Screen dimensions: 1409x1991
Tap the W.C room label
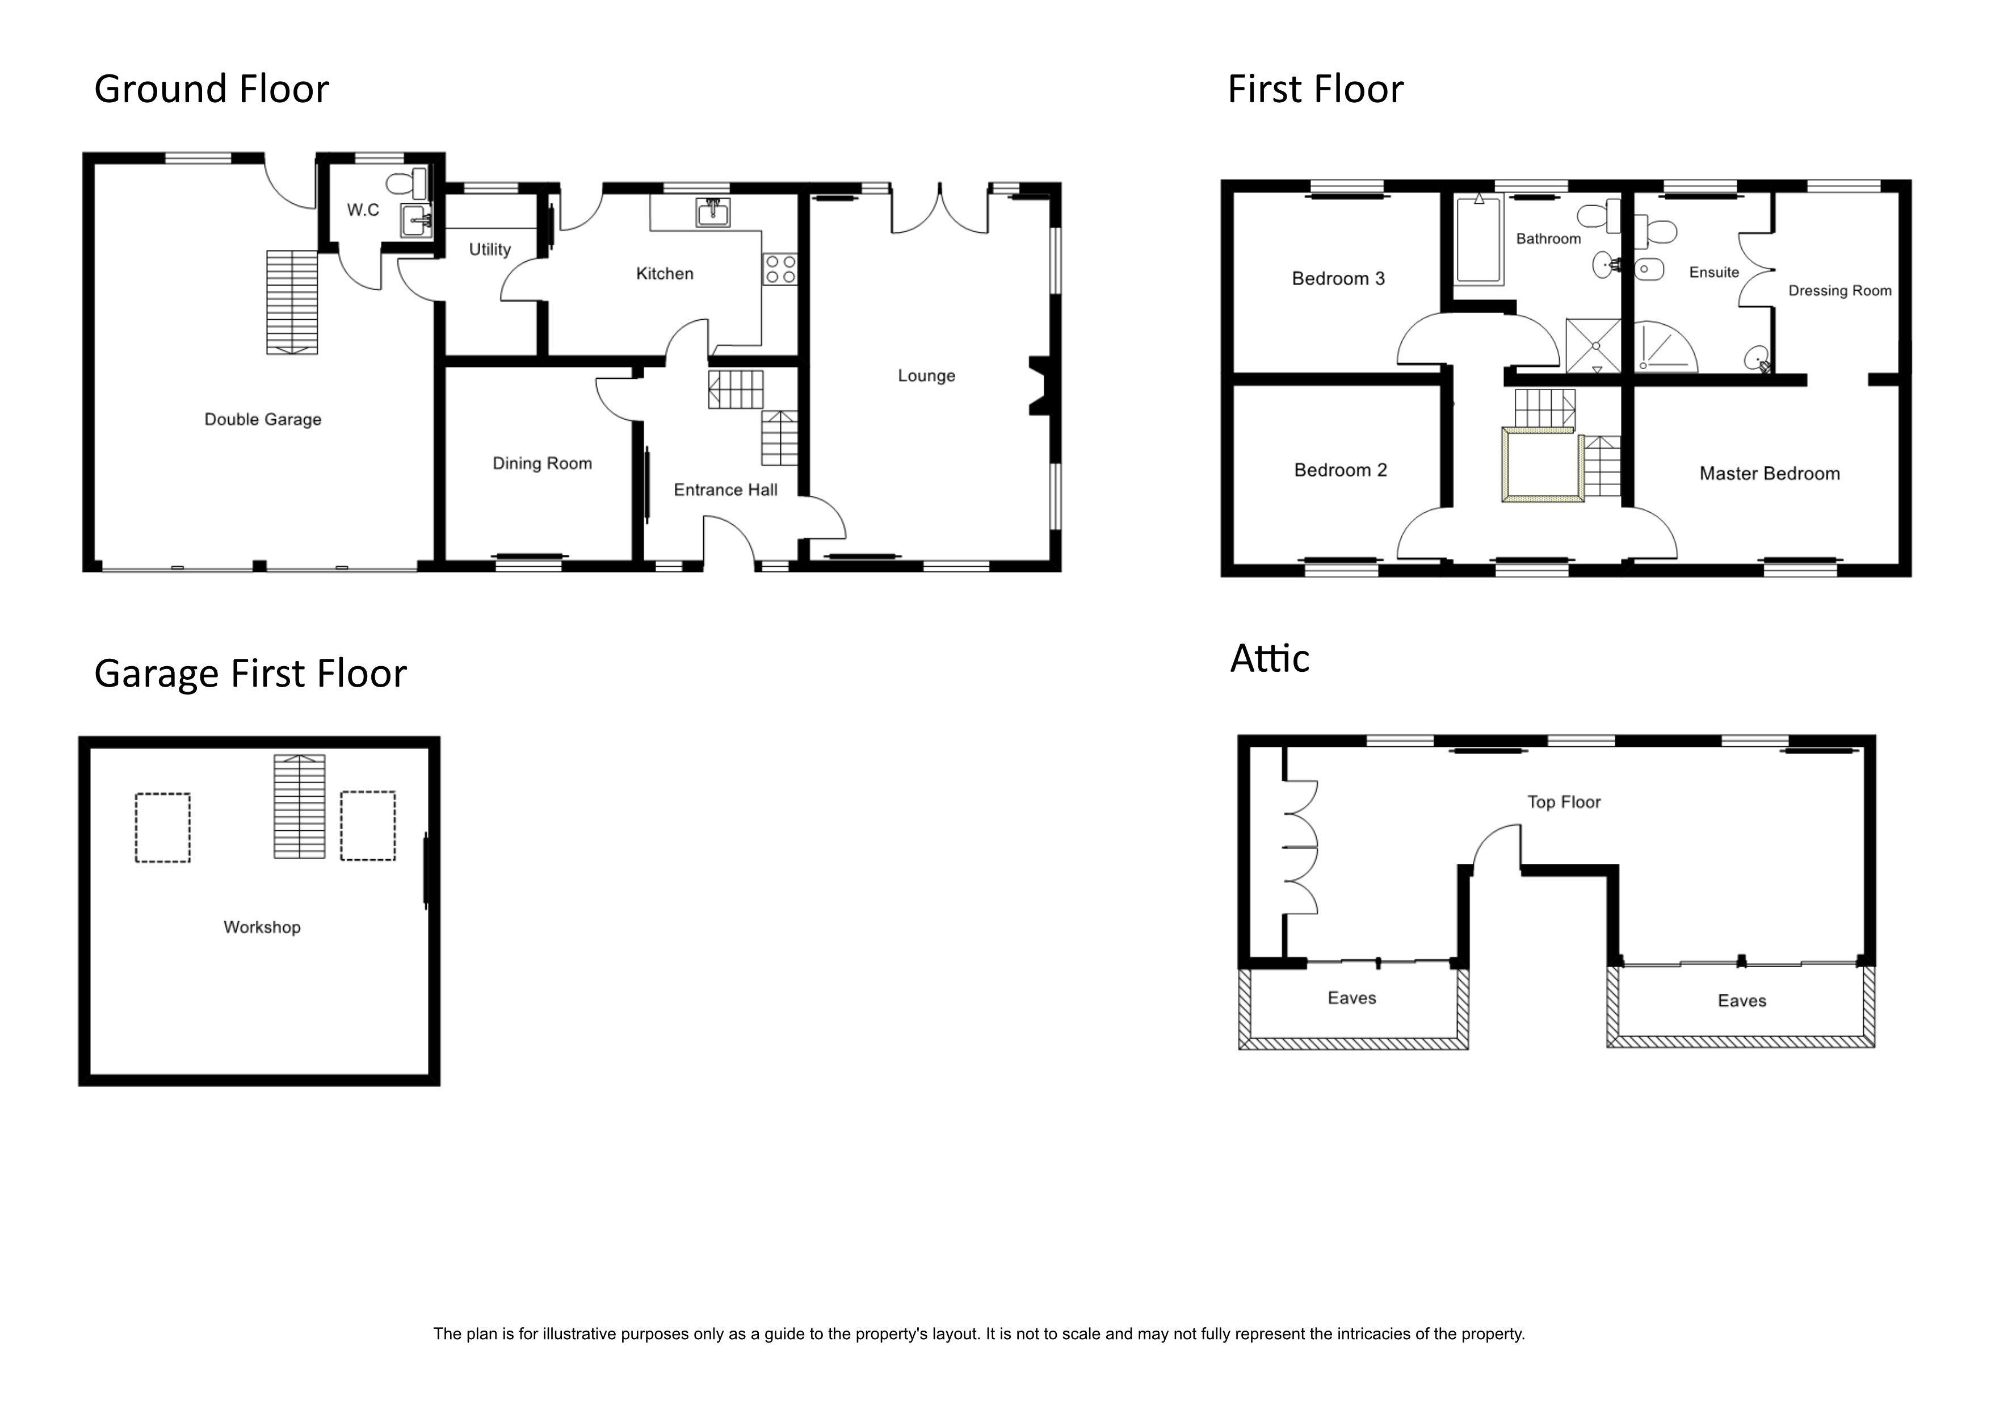(x=363, y=210)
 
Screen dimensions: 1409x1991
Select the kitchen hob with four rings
(x=780, y=269)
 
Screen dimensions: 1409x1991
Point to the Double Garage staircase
(x=292, y=302)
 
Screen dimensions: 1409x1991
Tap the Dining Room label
(x=542, y=463)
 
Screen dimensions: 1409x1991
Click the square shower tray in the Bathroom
(x=1593, y=345)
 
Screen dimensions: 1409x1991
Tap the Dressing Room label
(x=1839, y=291)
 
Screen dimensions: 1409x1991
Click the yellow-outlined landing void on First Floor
(x=1542, y=465)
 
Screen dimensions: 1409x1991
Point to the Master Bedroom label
(x=1769, y=474)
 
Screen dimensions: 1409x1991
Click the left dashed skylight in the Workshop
(x=162, y=827)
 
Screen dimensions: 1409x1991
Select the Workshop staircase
(x=299, y=807)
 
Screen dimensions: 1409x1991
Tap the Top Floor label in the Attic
(x=1564, y=802)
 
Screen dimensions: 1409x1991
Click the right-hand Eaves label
(x=1741, y=1001)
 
